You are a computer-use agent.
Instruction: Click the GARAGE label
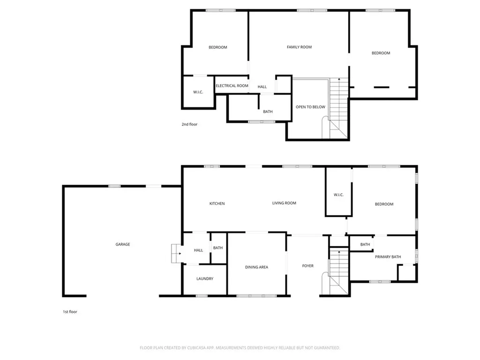coord(123,244)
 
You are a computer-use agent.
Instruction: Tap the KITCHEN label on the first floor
coord(217,203)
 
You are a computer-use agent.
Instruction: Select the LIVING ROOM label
coord(284,203)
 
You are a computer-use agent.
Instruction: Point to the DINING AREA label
coord(256,267)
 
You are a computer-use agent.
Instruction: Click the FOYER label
coord(307,266)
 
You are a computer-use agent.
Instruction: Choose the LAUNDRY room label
coord(205,278)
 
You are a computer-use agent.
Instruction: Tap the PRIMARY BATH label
coord(388,257)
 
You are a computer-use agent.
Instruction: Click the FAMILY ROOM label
coord(299,47)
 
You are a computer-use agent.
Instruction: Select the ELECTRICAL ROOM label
coord(232,86)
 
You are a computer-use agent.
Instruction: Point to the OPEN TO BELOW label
coord(310,107)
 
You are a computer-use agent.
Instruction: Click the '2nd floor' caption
coord(189,124)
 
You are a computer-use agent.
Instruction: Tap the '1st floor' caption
coord(70,312)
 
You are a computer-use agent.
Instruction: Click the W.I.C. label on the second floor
coord(198,92)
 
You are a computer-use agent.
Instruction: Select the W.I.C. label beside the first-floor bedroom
coord(338,195)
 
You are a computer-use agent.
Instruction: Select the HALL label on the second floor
coord(262,87)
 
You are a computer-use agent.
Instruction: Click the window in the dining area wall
coord(256,296)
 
